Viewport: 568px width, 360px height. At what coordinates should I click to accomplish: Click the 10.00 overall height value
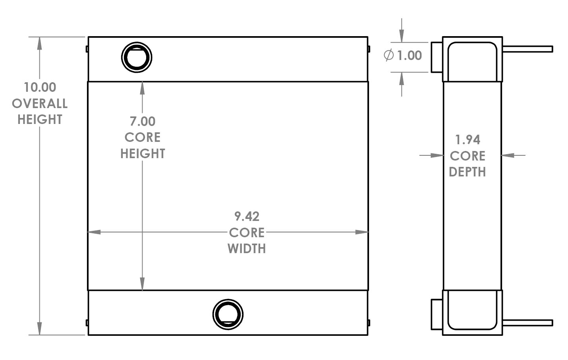40,87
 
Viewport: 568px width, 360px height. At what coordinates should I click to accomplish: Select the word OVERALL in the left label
40,104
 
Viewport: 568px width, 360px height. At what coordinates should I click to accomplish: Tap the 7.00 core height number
143,121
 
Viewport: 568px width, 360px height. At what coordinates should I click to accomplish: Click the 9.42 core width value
247,217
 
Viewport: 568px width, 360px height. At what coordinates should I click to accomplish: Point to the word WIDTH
247,249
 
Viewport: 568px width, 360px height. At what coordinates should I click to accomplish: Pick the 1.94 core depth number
468,140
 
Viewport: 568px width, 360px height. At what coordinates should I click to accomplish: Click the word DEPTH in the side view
468,172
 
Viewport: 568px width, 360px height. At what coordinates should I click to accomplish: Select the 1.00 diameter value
410,55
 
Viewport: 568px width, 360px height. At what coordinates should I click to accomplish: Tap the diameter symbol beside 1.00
389,55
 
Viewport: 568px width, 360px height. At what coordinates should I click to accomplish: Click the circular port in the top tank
137,57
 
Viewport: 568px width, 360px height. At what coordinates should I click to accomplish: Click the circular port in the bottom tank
228,314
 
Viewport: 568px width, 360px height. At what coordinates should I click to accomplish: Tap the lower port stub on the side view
437,314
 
